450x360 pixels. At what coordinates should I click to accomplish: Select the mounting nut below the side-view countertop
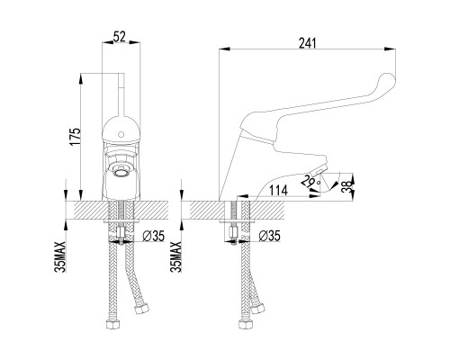click(235, 240)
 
